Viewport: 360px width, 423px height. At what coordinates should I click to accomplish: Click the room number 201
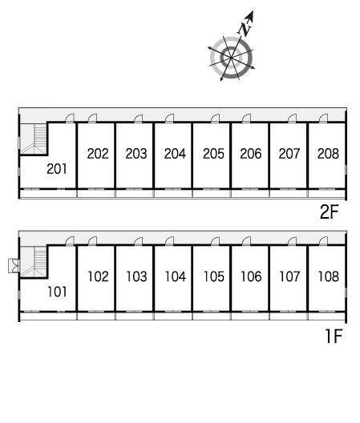click(x=57, y=169)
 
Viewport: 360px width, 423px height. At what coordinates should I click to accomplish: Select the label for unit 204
click(x=175, y=154)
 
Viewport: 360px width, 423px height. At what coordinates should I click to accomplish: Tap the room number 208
click(x=328, y=154)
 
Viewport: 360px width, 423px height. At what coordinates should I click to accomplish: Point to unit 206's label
click(x=251, y=154)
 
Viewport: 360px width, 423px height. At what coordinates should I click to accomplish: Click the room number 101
click(x=57, y=292)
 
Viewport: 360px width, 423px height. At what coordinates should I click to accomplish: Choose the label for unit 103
click(x=136, y=276)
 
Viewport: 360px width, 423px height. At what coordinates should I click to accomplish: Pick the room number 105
click(x=213, y=276)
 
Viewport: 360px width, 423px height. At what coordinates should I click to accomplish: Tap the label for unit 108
click(x=329, y=276)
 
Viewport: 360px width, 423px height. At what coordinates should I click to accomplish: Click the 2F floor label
click(x=329, y=212)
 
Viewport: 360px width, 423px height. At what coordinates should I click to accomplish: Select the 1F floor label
click(x=334, y=336)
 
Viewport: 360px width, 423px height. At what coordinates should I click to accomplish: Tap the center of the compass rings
click(x=231, y=58)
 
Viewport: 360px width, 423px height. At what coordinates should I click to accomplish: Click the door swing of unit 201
click(x=71, y=118)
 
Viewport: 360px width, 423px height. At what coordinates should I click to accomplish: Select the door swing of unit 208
click(x=324, y=118)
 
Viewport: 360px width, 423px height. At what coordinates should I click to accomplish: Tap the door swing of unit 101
click(x=71, y=241)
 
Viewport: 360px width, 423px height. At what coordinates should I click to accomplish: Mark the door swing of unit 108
click(x=324, y=241)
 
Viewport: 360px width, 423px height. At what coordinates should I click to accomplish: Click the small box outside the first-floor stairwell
click(x=14, y=266)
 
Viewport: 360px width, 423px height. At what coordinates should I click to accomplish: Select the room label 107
click(x=289, y=276)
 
